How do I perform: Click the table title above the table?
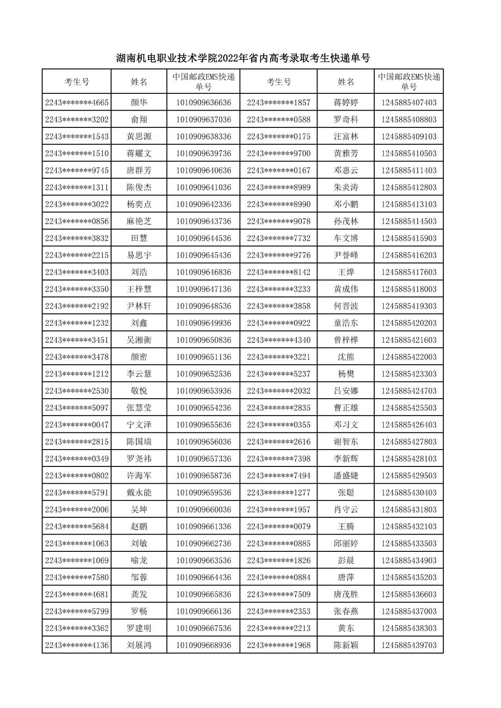click(x=243, y=58)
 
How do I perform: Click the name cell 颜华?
click(x=139, y=103)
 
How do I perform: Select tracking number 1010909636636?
click(x=203, y=103)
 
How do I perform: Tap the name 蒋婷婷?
click(x=346, y=103)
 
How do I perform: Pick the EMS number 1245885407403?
click(x=408, y=103)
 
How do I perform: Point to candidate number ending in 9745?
click(x=77, y=170)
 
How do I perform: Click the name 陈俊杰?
click(x=139, y=187)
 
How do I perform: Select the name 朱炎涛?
click(x=346, y=187)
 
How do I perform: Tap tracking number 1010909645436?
click(x=203, y=255)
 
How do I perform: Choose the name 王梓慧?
click(x=139, y=289)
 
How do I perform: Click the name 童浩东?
click(x=346, y=323)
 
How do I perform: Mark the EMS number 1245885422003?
click(x=408, y=357)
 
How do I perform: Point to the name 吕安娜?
click(x=346, y=391)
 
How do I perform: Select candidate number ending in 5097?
click(x=77, y=408)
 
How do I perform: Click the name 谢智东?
click(x=346, y=442)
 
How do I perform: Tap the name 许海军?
click(x=139, y=476)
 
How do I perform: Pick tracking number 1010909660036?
click(x=203, y=509)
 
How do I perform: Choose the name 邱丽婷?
click(x=346, y=543)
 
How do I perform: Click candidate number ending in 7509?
click(x=279, y=594)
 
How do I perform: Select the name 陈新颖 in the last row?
click(x=346, y=645)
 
